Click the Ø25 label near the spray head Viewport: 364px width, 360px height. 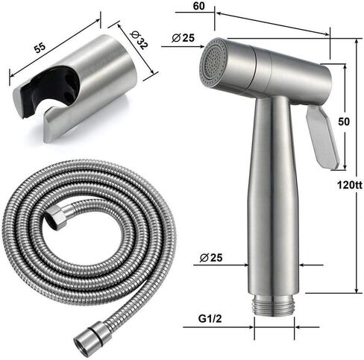(183, 37)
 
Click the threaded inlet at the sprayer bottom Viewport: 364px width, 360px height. (274, 305)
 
